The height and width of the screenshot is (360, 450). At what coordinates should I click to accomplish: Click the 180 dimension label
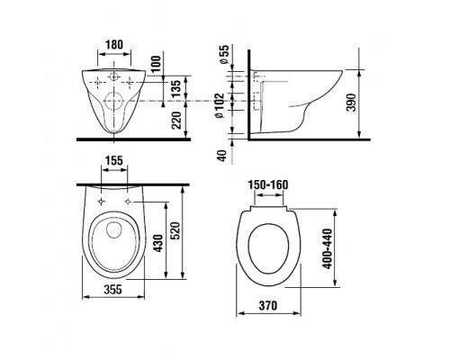[x=114, y=45]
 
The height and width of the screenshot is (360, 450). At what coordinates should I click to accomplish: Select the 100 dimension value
[x=156, y=64]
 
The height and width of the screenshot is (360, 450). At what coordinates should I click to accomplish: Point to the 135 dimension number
[x=176, y=87]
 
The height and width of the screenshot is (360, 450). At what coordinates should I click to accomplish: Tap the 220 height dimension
[x=176, y=120]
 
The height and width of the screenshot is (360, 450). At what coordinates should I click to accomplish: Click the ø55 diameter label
[x=224, y=54]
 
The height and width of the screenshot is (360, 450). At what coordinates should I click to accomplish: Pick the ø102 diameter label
[x=220, y=105]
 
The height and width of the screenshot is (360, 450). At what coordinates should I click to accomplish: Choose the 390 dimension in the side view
[x=352, y=103]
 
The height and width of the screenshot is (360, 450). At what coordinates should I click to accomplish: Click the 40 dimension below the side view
[x=222, y=156]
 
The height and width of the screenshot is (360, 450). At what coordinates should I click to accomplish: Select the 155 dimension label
[x=114, y=161]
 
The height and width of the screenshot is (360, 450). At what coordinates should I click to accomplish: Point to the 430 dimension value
[x=158, y=243]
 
